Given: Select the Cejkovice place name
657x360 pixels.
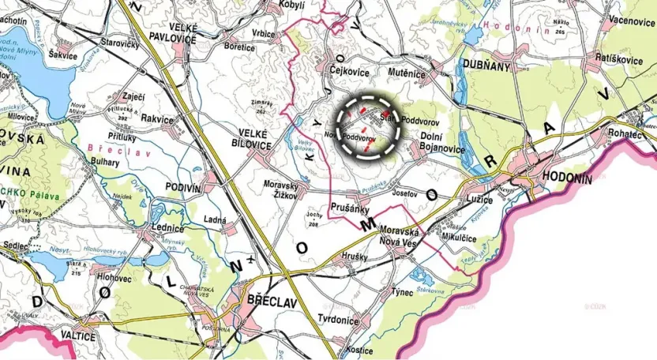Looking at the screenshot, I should tap(348, 70).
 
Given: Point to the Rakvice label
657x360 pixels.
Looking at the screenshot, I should tap(157, 118).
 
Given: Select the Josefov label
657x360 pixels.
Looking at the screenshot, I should tap(404, 192).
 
